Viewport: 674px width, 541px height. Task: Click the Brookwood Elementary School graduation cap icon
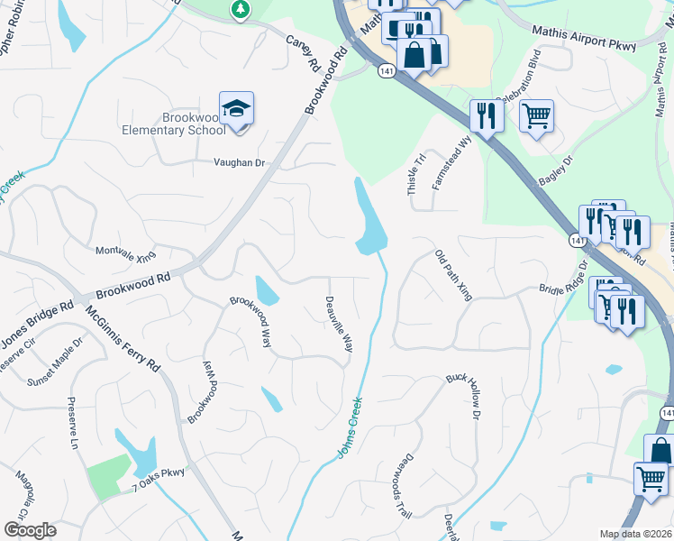(x=237, y=110)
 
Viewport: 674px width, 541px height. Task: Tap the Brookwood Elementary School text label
(x=175, y=124)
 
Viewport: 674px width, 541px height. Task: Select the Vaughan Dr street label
(x=239, y=163)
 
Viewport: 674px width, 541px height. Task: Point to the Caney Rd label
(x=304, y=55)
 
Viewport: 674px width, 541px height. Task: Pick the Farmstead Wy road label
(x=452, y=162)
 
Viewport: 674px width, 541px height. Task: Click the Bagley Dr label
(x=562, y=170)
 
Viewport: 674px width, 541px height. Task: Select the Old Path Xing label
(x=453, y=276)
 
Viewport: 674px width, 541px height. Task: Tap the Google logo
(x=30, y=530)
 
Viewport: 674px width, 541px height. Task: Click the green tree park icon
(x=240, y=9)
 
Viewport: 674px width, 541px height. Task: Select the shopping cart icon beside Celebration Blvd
(x=536, y=115)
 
